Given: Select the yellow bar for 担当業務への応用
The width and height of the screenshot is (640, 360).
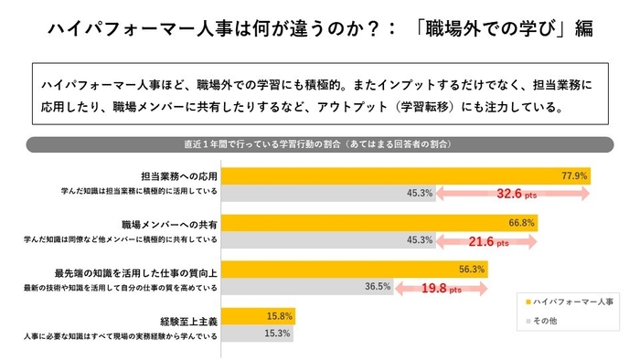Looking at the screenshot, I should (402, 175).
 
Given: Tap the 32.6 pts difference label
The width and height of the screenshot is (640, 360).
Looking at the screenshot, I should (517, 194).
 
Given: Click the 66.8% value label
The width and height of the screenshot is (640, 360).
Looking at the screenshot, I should (519, 222).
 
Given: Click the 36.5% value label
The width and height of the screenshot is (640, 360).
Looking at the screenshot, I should (378, 286).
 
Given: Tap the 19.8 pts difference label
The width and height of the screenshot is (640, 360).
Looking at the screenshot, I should (442, 289).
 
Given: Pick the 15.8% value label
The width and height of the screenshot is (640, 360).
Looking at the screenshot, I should (277, 317).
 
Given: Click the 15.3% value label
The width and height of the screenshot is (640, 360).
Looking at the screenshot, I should (277, 334).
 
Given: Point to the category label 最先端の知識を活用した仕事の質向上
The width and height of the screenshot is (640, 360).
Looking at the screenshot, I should (136, 271).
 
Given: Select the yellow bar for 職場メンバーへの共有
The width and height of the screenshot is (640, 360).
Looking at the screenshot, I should (375, 222).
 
